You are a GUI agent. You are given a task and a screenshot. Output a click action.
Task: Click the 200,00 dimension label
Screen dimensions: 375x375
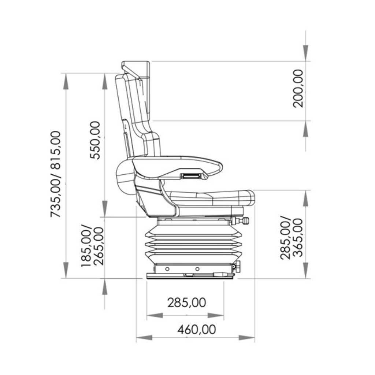coord(298,89)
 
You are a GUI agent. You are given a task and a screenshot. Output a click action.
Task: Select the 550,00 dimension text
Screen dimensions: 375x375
coord(95,140)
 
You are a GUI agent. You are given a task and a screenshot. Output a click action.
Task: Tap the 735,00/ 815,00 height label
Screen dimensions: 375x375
coord(56,174)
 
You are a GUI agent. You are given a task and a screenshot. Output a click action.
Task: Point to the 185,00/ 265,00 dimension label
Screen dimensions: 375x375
coord(92,246)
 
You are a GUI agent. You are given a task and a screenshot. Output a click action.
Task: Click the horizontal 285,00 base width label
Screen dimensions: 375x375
coord(186,302)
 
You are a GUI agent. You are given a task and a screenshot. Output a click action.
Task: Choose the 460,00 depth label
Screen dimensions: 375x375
coord(197,329)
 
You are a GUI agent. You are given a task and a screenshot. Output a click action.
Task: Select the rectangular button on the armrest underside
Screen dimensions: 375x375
coord(190,176)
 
